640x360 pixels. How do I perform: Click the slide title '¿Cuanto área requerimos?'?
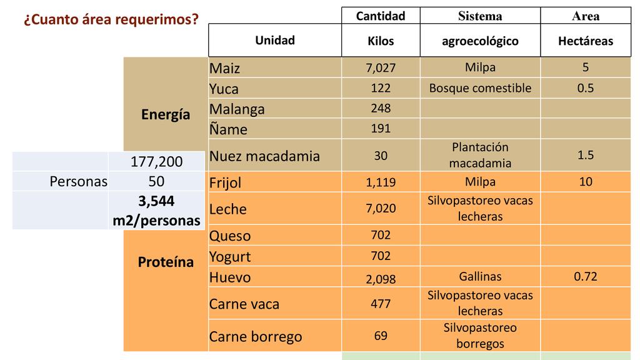[111, 20]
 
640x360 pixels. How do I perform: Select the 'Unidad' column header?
[274, 41]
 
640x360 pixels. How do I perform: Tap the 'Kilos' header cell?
[381, 41]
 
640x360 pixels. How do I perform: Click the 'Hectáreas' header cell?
[586, 41]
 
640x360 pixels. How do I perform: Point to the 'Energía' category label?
[166, 115]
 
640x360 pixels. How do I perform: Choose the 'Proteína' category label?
[166, 262]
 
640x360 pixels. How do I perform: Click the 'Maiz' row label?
[225, 68]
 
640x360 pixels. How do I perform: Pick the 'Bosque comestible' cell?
[480, 88]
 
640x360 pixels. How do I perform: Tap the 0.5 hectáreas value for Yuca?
[586, 88]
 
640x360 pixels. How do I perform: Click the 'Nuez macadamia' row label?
[264, 156]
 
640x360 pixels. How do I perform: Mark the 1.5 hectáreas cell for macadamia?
[586, 155]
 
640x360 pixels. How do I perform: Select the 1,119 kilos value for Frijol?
[381, 183]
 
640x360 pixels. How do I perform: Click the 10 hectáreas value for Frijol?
[586, 182]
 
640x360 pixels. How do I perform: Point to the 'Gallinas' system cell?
[480, 276]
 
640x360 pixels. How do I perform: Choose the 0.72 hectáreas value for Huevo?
[586, 276]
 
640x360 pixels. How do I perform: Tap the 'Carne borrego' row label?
[256, 337]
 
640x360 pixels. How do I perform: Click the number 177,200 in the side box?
[156, 162]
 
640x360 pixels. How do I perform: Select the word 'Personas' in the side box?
[79, 181]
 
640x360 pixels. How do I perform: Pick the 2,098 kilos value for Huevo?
[381, 279]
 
